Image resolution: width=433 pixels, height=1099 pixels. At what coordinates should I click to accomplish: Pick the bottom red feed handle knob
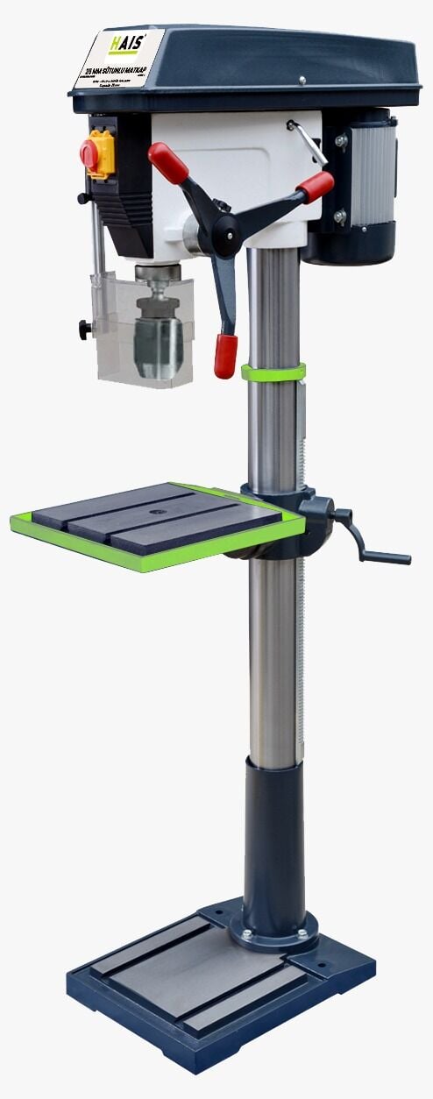225,355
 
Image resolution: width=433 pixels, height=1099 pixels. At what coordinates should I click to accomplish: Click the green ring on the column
273,372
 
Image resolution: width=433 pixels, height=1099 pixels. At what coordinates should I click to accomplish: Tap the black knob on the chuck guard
84,330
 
